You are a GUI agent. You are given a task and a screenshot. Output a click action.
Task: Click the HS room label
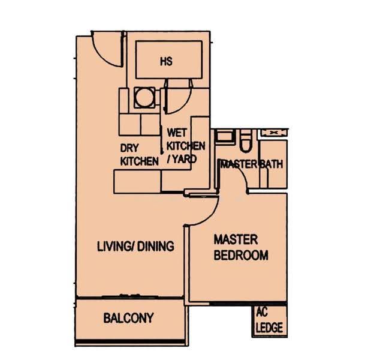click(x=167, y=61)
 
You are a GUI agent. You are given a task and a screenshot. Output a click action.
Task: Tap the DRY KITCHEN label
click(x=139, y=155)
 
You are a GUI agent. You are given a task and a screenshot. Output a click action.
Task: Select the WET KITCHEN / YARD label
click(x=186, y=146)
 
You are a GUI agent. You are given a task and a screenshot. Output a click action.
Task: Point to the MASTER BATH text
click(x=252, y=164)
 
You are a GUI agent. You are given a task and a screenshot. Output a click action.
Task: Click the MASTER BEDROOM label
click(x=241, y=247)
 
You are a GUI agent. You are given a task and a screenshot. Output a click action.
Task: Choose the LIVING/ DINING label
click(x=135, y=246)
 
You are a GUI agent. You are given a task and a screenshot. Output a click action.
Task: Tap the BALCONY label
click(x=128, y=318)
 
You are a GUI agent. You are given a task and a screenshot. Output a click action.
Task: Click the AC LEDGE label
click(x=269, y=320)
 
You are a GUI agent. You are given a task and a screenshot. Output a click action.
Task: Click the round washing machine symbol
click(x=144, y=97)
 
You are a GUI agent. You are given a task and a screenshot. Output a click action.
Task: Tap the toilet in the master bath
click(x=246, y=141)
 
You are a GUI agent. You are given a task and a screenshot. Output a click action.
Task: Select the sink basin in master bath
click(x=225, y=136)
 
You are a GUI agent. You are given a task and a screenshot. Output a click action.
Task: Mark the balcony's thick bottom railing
click(x=130, y=341)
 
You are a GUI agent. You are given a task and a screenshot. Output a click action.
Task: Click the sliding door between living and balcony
click(x=130, y=297)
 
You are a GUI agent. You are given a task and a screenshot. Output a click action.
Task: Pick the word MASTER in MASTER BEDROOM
click(x=236, y=239)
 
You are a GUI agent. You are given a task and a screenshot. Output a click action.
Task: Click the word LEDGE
click(x=269, y=328)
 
